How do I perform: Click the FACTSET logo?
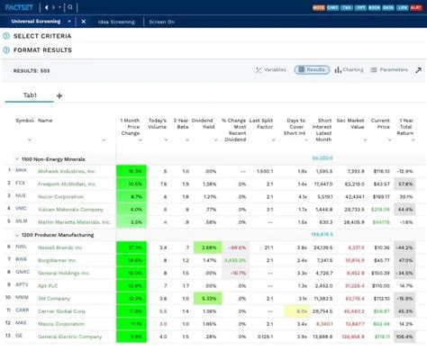[x=20, y=5]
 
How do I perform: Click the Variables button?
[x=270, y=69]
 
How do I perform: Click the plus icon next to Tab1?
[x=59, y=94]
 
